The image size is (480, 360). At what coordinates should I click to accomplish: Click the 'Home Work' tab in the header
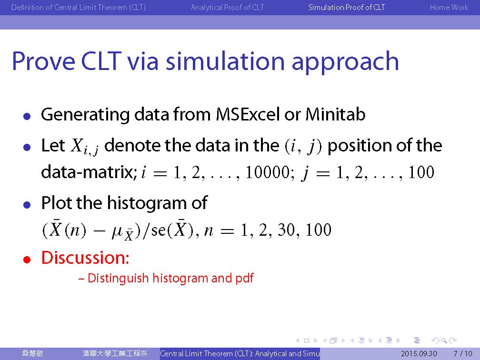click(449, 7)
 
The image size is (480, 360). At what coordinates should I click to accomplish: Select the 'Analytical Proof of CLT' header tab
click(227, 7)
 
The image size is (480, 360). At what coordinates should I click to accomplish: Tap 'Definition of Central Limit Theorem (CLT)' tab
click(79, 7)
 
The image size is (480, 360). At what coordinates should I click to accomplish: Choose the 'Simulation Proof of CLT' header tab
click(347, 7)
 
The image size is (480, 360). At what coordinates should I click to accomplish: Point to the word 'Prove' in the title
click(43, 61)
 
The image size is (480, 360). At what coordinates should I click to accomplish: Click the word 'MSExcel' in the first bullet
click(248, 114)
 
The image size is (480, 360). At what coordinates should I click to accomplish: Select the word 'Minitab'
click(335, 114)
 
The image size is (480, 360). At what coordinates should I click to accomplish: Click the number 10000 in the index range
click(268, 172)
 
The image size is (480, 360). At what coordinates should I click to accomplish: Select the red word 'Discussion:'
click(85, 258)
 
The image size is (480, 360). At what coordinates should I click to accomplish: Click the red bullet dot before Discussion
click(27, 260)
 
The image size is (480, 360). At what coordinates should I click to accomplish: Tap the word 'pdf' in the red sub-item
click(245, 278)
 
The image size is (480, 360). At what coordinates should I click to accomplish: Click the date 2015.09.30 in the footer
click(419, 353)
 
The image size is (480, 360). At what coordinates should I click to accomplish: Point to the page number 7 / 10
click(463, 353)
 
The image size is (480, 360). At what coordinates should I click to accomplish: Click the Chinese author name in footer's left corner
click(33, 353)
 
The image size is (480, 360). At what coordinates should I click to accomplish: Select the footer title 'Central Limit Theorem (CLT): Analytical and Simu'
click(240, 353)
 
